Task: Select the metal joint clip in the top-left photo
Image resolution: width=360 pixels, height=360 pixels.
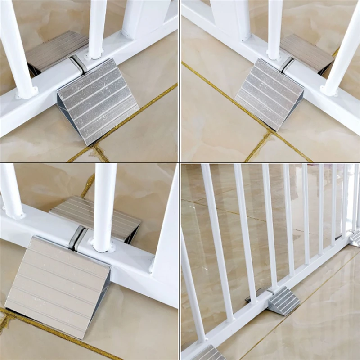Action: [x=80, y=64]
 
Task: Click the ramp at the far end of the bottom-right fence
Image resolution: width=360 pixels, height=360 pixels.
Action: [x=355, y=238]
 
